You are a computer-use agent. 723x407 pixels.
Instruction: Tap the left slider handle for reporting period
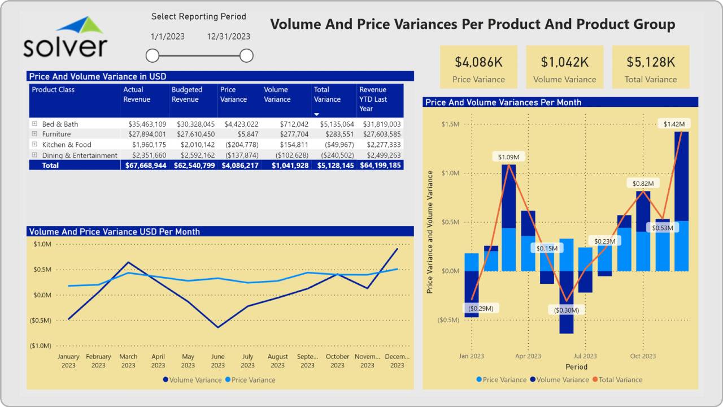click(153, 55)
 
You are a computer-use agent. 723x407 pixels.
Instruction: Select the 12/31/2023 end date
click(228, 37)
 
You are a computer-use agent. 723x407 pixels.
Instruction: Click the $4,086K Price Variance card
click(478, 67)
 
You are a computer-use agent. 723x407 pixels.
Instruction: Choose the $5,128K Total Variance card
click(651, 67)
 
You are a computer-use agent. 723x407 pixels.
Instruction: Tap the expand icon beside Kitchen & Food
click(34, 145)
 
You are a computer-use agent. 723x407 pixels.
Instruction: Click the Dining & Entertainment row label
click(80, 155)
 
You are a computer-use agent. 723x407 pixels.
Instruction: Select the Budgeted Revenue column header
click(187, 94)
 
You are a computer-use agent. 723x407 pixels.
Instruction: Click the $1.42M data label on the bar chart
click(674, 124)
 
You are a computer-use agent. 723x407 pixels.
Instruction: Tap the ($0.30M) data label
click(567, 310)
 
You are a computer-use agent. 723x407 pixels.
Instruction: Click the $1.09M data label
click(508, 156)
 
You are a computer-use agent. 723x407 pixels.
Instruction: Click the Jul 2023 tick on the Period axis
click(585, 356)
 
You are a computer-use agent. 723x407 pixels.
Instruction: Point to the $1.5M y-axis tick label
click(450, 124)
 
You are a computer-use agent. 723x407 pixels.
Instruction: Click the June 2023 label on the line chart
click(217, 361)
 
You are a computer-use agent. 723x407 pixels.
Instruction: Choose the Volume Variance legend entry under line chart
click(192, 380)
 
